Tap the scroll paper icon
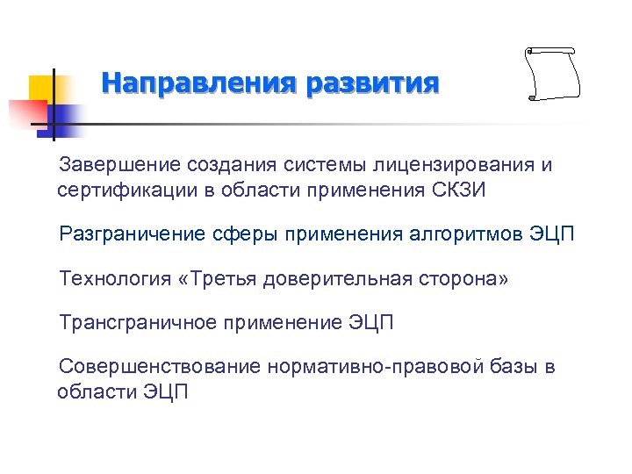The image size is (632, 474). point(553,75)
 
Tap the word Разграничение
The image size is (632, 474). point(132,234)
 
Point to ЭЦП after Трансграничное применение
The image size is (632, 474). point(370,323)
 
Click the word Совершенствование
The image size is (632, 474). point(159,367)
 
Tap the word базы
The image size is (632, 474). point(513,367)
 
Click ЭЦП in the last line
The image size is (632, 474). point(165,391)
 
